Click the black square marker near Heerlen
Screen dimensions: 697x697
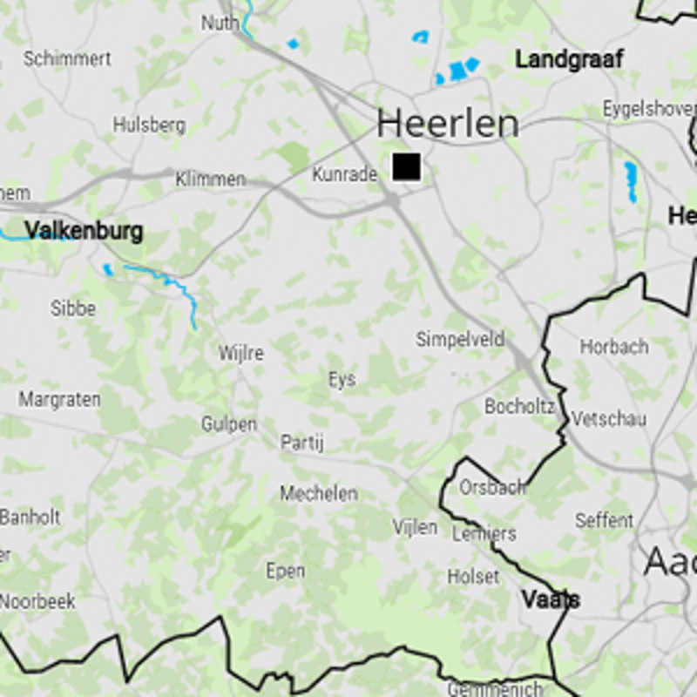click(x=406, y=166)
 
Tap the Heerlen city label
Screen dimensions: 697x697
click(x=448, y=125)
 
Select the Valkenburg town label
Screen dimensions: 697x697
click(x=84, y=231)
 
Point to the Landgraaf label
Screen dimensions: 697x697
click(x=569, y=59)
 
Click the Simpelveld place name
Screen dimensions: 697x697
click(x=460, y=339)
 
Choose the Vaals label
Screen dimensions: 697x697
click(x=551, y=599)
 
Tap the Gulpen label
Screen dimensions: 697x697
click(x=229, y=424)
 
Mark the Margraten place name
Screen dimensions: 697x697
click(x=59, y=399)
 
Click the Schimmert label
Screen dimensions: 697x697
click(x=67, y=59)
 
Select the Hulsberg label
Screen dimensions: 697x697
click(x=149, y=125)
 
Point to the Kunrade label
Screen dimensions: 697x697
click(x=344, y=174)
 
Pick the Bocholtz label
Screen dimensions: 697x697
click(x=519, y=406)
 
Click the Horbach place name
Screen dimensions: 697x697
click(x=614, y=346)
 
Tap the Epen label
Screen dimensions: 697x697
click(x=285, y=571)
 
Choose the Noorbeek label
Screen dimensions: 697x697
click(x=37, y=601)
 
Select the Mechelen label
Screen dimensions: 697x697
click(x=318, y=494)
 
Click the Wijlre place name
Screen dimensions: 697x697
click(x=240, y=354)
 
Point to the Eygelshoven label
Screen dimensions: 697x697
click(x=649, y=109)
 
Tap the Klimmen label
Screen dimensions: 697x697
click(x=210, y=179)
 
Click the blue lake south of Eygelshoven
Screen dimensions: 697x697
click(x=631, y=181)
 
